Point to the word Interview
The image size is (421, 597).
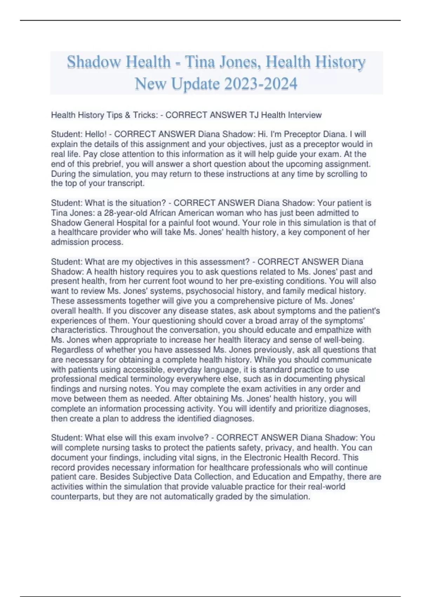point(305,115)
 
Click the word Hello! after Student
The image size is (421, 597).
point(95,134)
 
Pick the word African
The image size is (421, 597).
point(164,213)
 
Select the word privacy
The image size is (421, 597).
point(279,447)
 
